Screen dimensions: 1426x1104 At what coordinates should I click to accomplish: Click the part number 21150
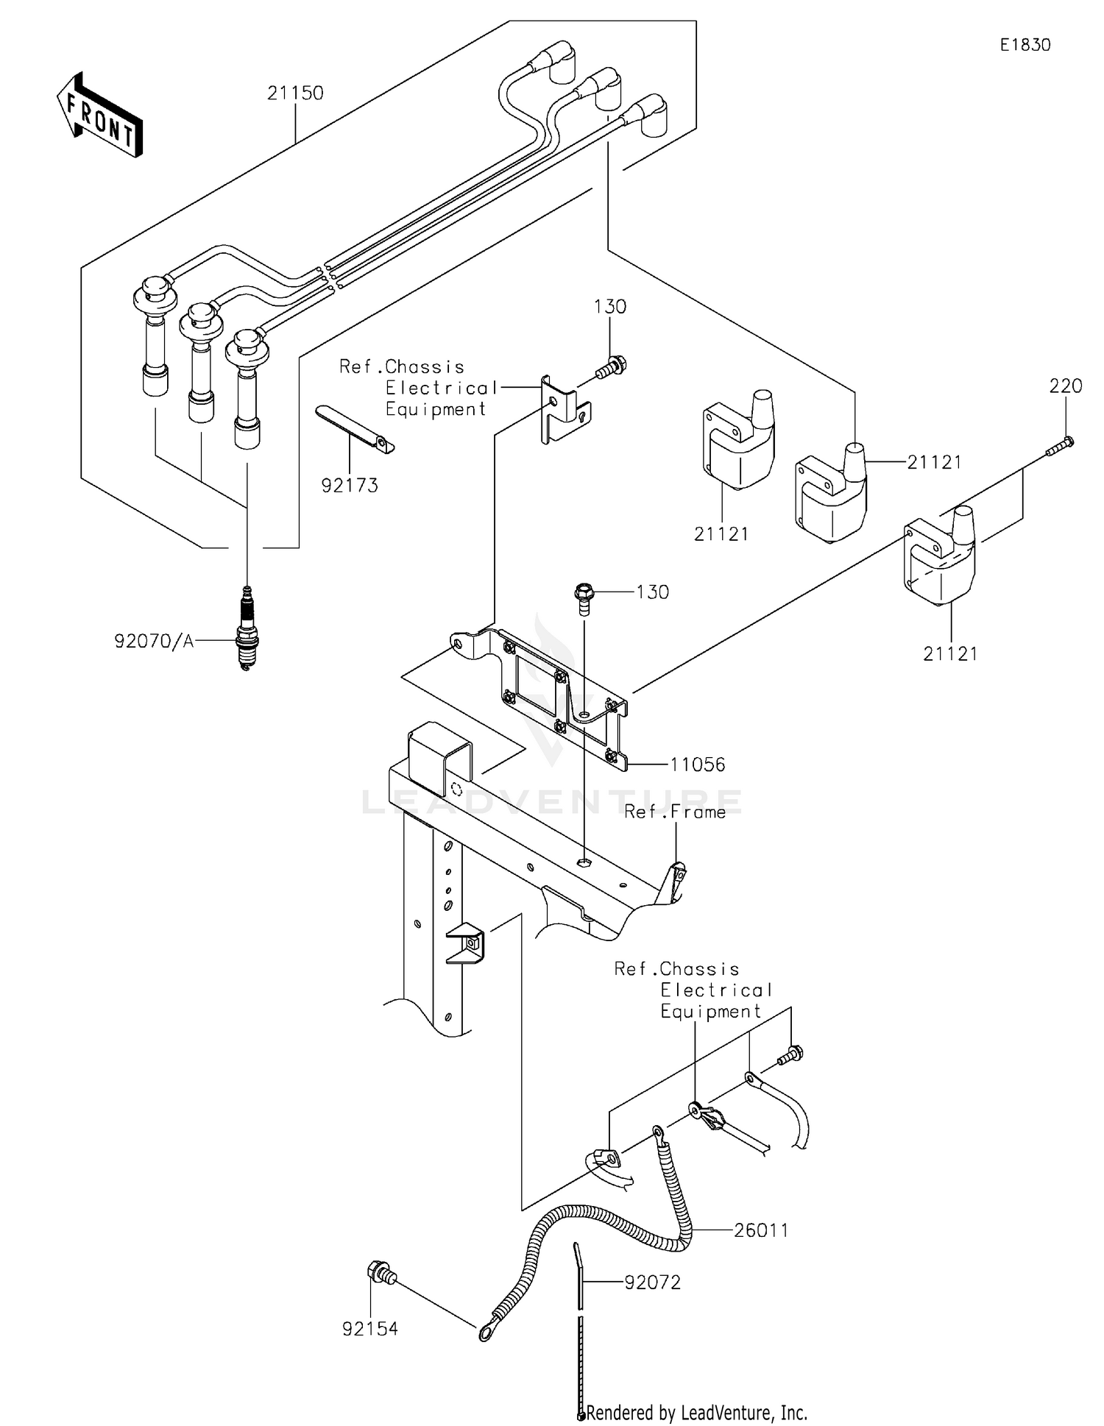pyautogui.click(x=295, y=93)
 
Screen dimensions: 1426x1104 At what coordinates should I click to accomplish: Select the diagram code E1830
pyautogui.click(x=1025, y=45)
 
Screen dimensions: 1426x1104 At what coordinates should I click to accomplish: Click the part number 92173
pyautogui.click(x=350, y=486)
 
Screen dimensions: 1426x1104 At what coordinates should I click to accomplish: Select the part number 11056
pyautogui.click(x=697, y=765)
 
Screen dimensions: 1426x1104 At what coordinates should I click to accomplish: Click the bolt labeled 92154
pyautogui.click(x=381, y=1271)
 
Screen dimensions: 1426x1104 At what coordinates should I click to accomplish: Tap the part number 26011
pyautogui.click(x=761, y=1230)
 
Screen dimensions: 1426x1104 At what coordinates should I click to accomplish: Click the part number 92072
pyautogui.click(x=653, y=1283)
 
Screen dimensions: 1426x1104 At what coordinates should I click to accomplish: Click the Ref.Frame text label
pyautogui.click(x=675, y=812)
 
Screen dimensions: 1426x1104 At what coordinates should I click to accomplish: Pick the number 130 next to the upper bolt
pyautogui.click(x=610, y=307)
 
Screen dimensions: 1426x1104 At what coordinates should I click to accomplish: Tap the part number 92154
pyautogui.click(x=370, y=1329)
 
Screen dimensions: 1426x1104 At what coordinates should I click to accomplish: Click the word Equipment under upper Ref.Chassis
pyautogui.click(x=436, y=410)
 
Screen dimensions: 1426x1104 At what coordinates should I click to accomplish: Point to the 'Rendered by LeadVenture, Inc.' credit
pyautogui.click(x=696, y=1412)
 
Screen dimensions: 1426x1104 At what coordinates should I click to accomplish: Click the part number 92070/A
pyautogui.click(x=154, y=642)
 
